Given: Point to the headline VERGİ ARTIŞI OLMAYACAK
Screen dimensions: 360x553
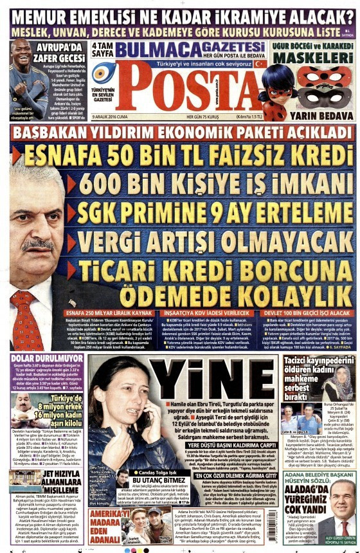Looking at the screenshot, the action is (213, 239).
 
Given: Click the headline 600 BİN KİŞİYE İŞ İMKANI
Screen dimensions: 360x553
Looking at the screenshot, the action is (212, 181).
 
